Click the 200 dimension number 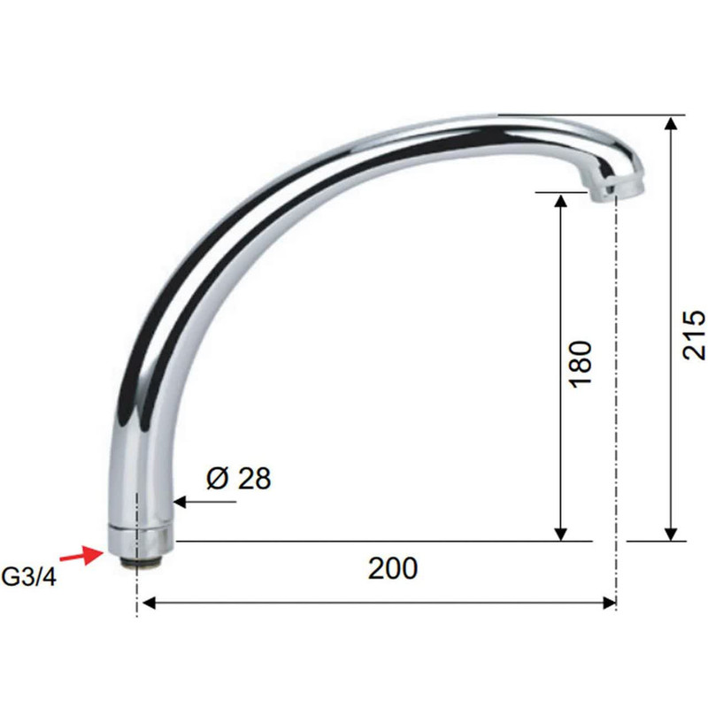point(393,568)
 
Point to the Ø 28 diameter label point(238,479)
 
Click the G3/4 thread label point(29,577)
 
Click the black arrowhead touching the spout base point(180,502)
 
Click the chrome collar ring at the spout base point(140,541)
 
